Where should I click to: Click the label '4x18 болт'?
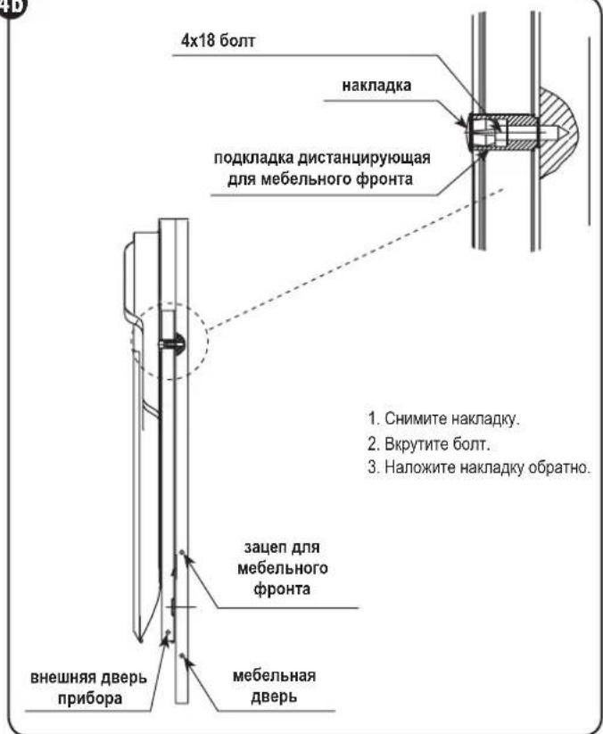(218, 41)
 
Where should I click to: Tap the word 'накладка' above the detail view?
(376, 86)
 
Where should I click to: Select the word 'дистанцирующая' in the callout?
(363, 158)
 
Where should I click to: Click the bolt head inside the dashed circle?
(178, 345)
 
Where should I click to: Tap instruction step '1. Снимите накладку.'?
(444, 419)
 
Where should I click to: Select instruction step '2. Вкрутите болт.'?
(429, 444)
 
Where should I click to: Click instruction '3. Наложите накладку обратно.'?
(478, 467)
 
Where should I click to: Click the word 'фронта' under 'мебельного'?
(282, 589)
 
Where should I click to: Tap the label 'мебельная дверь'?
(274, 686)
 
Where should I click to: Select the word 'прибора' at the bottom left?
(90, 699)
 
